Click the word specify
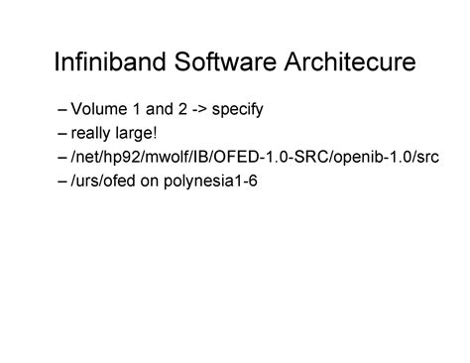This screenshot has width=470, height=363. [238, 108]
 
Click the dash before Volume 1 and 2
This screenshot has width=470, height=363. [64, 107]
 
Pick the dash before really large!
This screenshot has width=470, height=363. [64, 132]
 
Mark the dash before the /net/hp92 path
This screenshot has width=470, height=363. [64, 157]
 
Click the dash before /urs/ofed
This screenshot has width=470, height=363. [64, 181]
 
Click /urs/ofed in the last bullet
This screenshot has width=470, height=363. [103, 181]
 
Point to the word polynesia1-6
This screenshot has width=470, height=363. [209, 182]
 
